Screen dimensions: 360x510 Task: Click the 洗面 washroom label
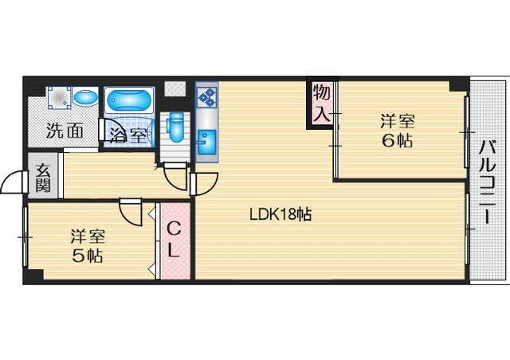click(65, 131)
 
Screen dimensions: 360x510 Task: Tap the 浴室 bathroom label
click(127, 134)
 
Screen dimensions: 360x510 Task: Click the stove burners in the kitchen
click(206, 97)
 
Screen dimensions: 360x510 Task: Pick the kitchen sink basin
click(206, 143)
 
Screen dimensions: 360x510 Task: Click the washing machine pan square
click(58, 99)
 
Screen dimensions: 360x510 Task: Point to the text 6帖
click(396, 142)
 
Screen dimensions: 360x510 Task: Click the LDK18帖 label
click(280, 214)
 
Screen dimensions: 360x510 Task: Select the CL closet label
click(173, 239)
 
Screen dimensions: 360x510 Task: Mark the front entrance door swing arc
click(14, 184)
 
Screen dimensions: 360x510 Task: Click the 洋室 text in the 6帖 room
click(396, 121)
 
